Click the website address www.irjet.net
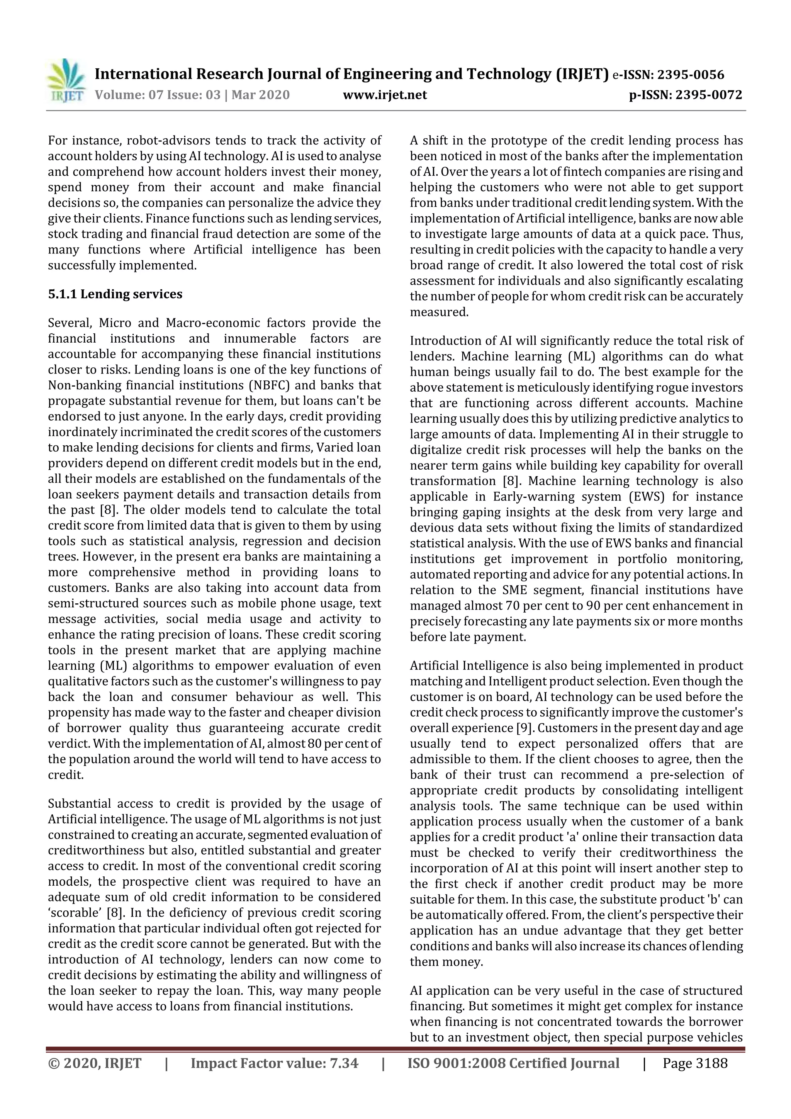(x=385, y=95)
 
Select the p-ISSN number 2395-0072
(x=710, y=95)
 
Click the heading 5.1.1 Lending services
(x=115, y=294)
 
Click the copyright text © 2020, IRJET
(x=95, y=1063)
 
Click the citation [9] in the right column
(x=521, y=728)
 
